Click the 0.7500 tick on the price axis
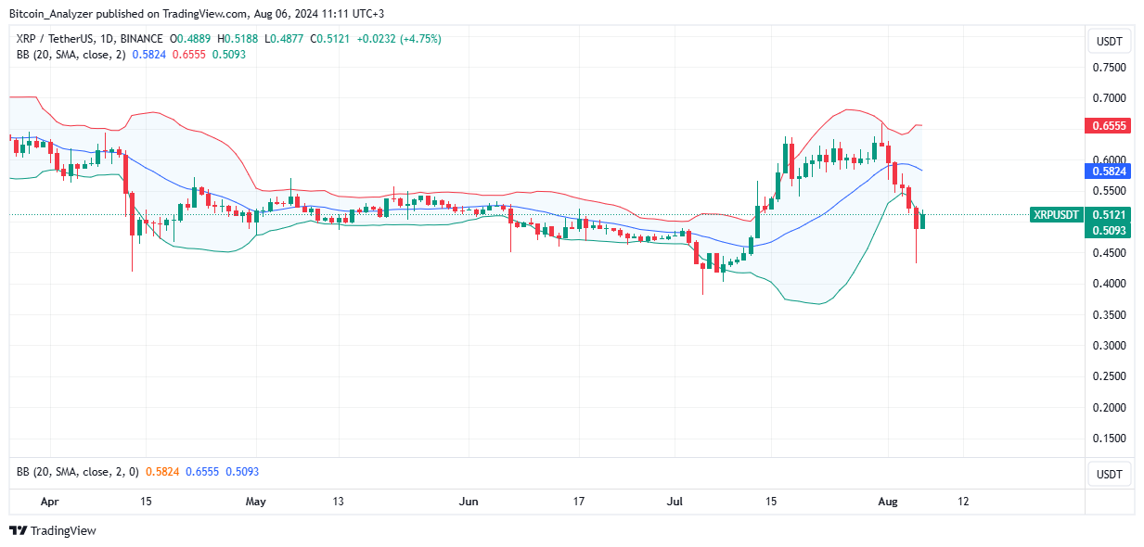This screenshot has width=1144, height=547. pos(1108,68)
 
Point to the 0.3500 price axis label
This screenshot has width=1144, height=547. pos(1108,314)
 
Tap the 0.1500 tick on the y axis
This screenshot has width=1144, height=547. pos(1108,438)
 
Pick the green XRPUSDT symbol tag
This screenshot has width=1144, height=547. pos(1056,214)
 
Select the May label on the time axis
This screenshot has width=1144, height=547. pos(256,502)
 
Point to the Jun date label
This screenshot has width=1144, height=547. pos(469,502)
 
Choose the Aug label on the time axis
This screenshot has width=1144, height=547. pos(888,502)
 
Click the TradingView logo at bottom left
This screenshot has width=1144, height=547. pos(53,531)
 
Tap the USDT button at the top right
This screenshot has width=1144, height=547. pos(1108,41)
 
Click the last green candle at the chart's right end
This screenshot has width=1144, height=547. pos(922,220)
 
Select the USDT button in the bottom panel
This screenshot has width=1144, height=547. pos(1108,474)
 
